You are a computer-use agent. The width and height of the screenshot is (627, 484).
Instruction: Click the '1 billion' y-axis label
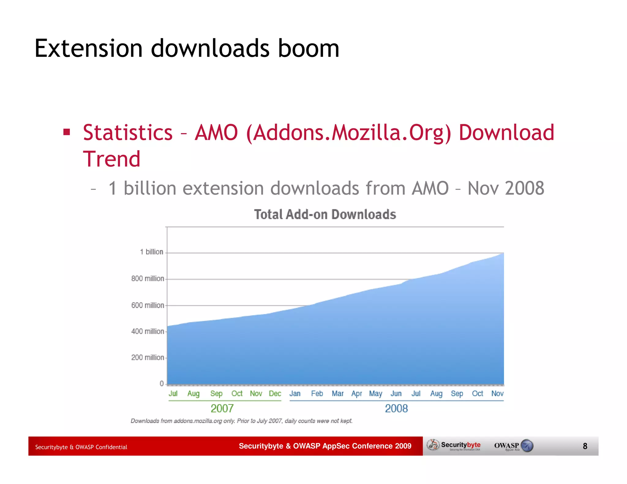coord(152,252)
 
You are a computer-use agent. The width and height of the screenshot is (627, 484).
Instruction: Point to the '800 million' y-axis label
coord(148,278)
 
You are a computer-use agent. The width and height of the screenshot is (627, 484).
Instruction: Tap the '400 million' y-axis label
coord(148,331)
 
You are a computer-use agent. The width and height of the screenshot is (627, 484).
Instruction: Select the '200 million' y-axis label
coord(148,357)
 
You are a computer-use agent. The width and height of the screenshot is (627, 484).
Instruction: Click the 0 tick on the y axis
coord(162,384)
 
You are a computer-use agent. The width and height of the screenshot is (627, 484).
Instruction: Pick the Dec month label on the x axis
coord(275,394)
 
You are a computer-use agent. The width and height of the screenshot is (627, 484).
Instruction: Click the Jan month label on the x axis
coord(295,394)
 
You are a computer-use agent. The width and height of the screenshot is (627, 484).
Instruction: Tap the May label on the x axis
coord(376,394)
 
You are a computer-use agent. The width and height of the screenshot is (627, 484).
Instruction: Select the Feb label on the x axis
coord(317,394)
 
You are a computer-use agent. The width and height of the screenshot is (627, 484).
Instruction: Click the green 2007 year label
coord(222,408)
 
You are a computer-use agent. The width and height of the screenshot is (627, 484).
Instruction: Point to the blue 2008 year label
coord(396,408)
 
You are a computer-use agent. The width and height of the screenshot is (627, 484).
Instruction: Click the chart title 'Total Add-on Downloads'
coord(325,214)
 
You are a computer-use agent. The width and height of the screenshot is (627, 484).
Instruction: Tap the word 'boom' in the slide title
coord(308,48)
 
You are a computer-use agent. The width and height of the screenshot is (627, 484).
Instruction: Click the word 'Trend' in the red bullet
coord(112,159)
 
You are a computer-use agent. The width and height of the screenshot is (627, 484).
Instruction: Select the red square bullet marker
coord(66,132)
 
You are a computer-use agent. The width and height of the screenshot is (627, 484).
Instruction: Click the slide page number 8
coord(585,446)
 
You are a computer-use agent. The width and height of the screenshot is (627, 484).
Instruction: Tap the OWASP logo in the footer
coord(514,446)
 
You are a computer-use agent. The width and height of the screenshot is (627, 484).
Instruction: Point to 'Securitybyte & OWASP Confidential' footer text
coord(81,447)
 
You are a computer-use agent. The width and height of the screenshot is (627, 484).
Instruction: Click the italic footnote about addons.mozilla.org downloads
coord(242,421)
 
